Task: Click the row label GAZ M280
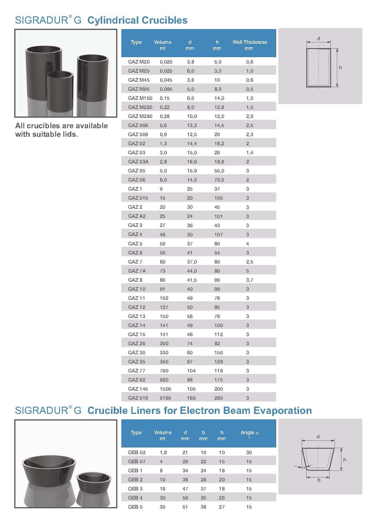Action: point(140,116)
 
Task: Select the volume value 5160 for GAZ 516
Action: point(165,398)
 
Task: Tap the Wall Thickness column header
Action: point(250,42)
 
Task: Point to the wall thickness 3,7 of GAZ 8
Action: point(250,280)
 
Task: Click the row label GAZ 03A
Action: point(138,162)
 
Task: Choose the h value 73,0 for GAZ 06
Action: point(219,180)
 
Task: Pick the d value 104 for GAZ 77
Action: point(191,371)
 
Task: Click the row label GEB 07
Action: point(137,461)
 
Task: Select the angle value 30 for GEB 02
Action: point(249,452)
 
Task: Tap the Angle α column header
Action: point(250,433)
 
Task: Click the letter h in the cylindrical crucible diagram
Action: point(340,68)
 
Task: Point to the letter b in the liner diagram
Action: point(319,480)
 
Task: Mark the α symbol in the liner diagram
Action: point(304,467)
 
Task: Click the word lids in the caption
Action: point(70,134)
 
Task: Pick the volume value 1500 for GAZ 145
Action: point(165,389)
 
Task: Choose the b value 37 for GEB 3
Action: point(203,489)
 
